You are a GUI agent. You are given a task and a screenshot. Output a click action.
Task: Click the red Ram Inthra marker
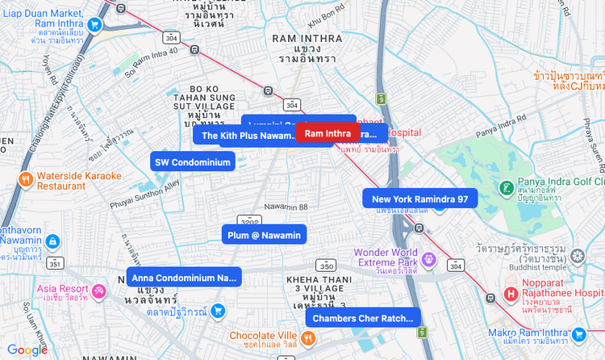(328, 133)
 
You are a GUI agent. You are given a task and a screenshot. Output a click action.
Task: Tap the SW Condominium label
(193, 162)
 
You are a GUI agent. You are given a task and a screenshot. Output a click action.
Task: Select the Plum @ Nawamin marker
(264, 235)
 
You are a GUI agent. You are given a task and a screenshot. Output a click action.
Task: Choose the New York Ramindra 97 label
(419, 199)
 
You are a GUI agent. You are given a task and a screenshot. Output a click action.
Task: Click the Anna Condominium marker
(183, 278)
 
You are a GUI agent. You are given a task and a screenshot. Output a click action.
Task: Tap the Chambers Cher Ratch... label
(362, 318)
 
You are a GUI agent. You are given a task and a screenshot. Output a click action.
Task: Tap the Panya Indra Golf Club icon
(506, 189)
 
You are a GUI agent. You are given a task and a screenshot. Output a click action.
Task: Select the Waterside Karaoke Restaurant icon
(26, 179)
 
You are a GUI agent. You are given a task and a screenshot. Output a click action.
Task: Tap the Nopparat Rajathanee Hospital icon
(510, 295)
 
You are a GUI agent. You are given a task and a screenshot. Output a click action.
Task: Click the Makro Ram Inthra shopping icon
(578, 334)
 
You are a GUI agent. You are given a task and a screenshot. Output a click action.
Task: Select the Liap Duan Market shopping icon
(94, 24)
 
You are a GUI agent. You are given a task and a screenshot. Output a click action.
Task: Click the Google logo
(27, 350)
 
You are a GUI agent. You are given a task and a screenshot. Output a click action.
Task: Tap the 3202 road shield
(250, 220)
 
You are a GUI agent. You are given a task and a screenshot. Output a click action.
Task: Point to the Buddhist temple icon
(577, 257)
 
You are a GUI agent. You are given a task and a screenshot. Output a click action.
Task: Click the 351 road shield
(55, 263)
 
